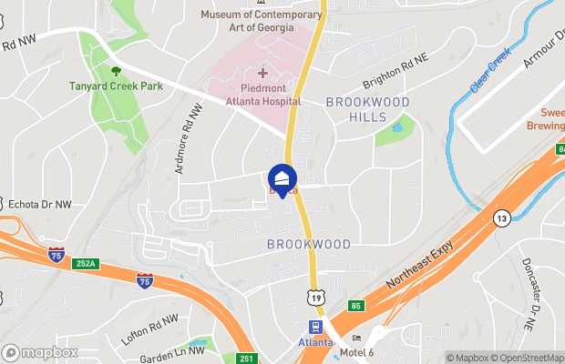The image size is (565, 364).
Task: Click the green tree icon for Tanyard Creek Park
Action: [116, 71]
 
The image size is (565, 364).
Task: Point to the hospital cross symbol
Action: [263, 73]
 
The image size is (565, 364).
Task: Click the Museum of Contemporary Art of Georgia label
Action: [262, 20]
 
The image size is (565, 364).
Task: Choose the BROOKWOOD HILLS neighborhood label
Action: [368, 109]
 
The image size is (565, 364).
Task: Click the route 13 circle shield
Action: [500, 218]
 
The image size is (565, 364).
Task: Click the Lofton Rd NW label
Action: [149, 329]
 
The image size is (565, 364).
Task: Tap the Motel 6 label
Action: [357, 351]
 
